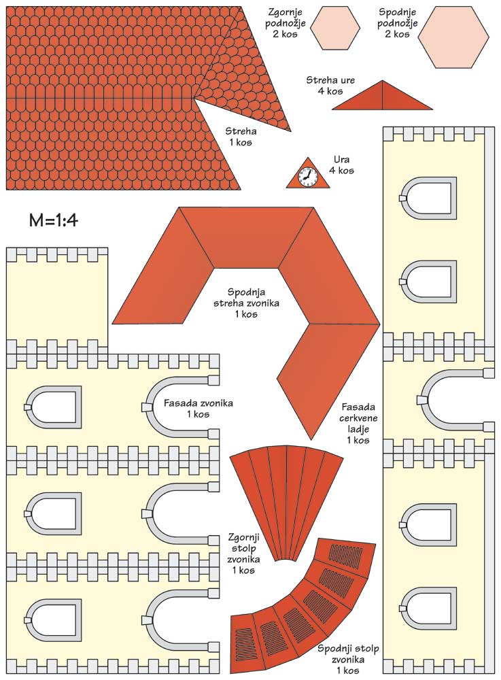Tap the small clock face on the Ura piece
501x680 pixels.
point(307,176)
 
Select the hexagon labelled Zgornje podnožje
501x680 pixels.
point(336,28)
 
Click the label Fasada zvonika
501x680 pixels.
point(198,408)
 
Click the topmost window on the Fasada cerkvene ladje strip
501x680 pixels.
point(428,199)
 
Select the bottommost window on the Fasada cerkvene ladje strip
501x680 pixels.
point(428,609)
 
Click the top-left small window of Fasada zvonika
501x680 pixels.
point(53,407)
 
